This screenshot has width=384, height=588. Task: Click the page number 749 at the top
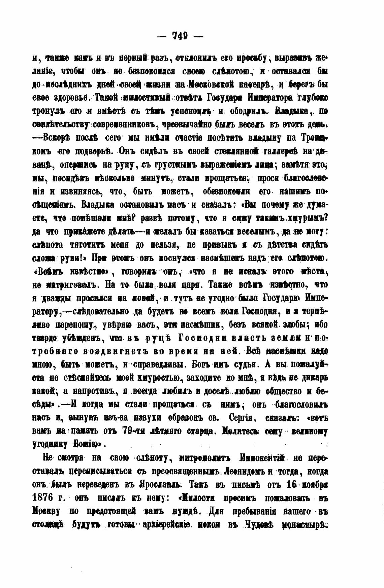181,35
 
